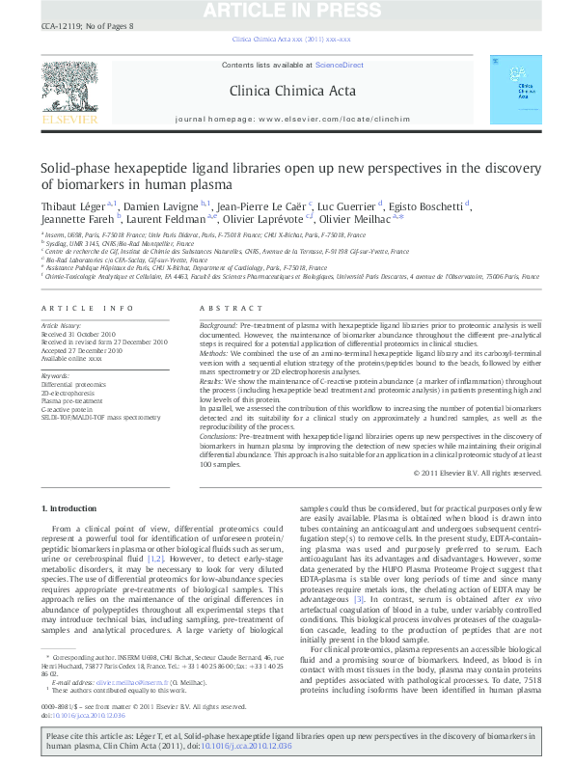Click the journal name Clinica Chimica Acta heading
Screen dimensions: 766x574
(x=287, y=92)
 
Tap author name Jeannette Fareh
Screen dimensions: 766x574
(x=71, y=220)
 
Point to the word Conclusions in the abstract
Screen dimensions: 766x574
(x=221, y=437)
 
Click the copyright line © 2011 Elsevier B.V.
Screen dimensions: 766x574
(x=482, y=473)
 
